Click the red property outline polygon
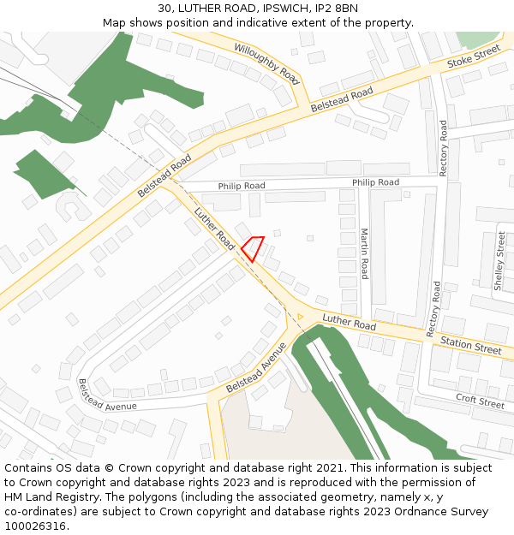pyautogui.click(x=253, y=247)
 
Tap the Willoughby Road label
pyautogui.click(x=266, y=64)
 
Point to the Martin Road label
pyautogui.click(x=364, y=253)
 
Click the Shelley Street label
pyautogui.click(x=500, y=260)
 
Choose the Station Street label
pyautogui.click(x=470, y=347)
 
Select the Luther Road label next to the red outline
pyautogui.click(x=214, y=229)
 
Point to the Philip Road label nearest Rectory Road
pyautogui.click(x=375, y=182)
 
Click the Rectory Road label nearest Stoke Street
pyautogui.click(x=443, y=148)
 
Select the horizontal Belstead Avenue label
pyautogui.click(x=107, y=395)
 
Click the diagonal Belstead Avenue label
pyautogui.click(x=255, y=368)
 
